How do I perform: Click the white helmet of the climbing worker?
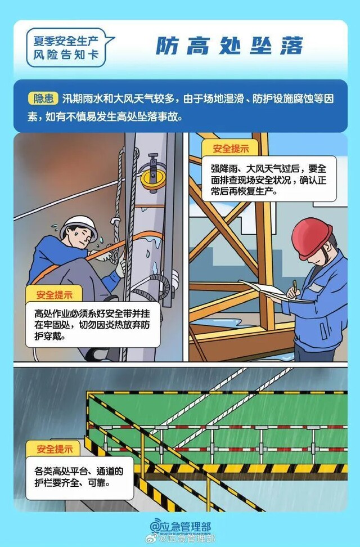click(x=78, y=224)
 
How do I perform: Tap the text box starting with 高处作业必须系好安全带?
click(x=93, y=325)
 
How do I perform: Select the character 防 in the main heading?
click(x=166, y=45)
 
